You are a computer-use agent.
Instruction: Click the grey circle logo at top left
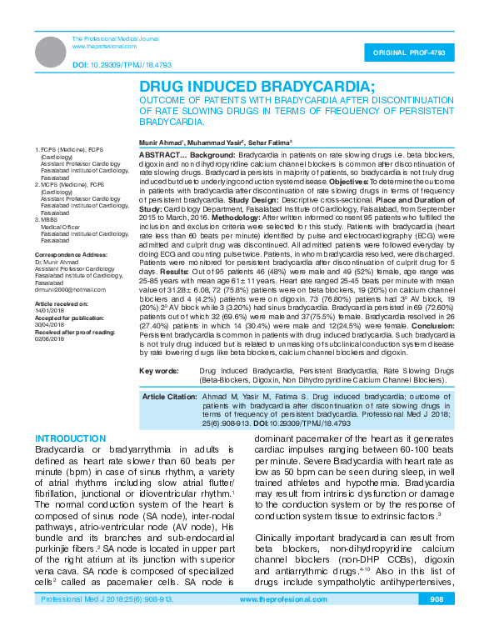click(x=52, y=52)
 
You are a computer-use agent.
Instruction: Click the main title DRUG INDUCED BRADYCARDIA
click(x=257, y=86)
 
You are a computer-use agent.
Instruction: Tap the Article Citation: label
click(x=170, y=396)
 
